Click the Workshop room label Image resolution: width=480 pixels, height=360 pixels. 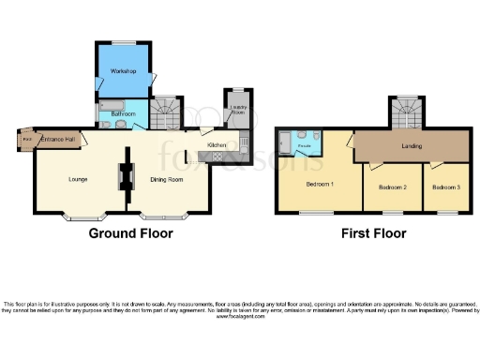point(124,71)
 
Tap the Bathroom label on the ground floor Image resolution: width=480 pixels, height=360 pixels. point(123,114)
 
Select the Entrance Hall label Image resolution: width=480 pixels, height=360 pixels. point(57,140)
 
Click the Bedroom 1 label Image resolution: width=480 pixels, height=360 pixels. point(319,184)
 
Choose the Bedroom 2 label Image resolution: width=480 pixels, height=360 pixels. point(392,187)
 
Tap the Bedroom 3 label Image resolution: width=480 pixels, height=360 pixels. point(444,187)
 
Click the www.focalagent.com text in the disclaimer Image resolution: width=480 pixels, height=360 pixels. point(240,317)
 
